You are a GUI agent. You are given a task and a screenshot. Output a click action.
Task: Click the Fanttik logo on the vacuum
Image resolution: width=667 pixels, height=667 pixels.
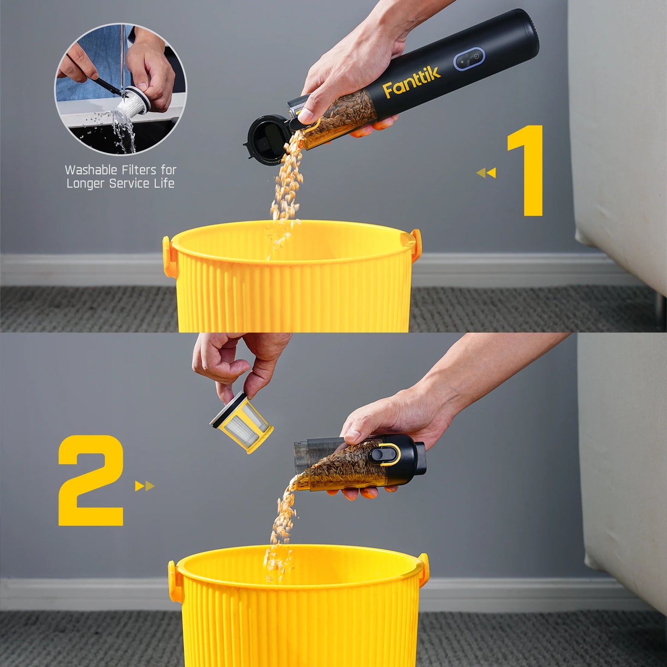(411, 82)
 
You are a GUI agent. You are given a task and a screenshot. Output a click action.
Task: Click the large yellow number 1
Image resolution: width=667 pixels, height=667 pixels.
(525, 171)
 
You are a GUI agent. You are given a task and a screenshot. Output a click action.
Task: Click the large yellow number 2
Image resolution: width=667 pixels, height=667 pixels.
(90, 481)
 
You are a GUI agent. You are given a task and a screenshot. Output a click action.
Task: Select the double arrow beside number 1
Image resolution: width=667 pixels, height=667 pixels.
(487, 173)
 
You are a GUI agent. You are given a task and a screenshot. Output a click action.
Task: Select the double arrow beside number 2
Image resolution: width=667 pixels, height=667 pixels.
(144, 486)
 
